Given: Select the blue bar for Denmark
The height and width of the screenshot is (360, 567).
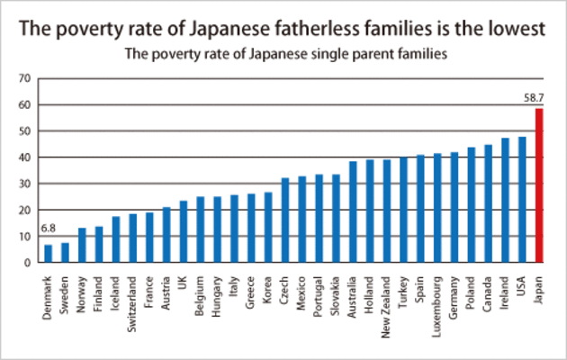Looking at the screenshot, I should tap(49, 254).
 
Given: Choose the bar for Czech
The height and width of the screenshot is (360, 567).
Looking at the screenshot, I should tap(285, 220).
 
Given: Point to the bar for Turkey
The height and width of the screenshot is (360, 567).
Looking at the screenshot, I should tap(403, 211).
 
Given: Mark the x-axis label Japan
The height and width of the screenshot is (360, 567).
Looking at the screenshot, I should tap(540, 283).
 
